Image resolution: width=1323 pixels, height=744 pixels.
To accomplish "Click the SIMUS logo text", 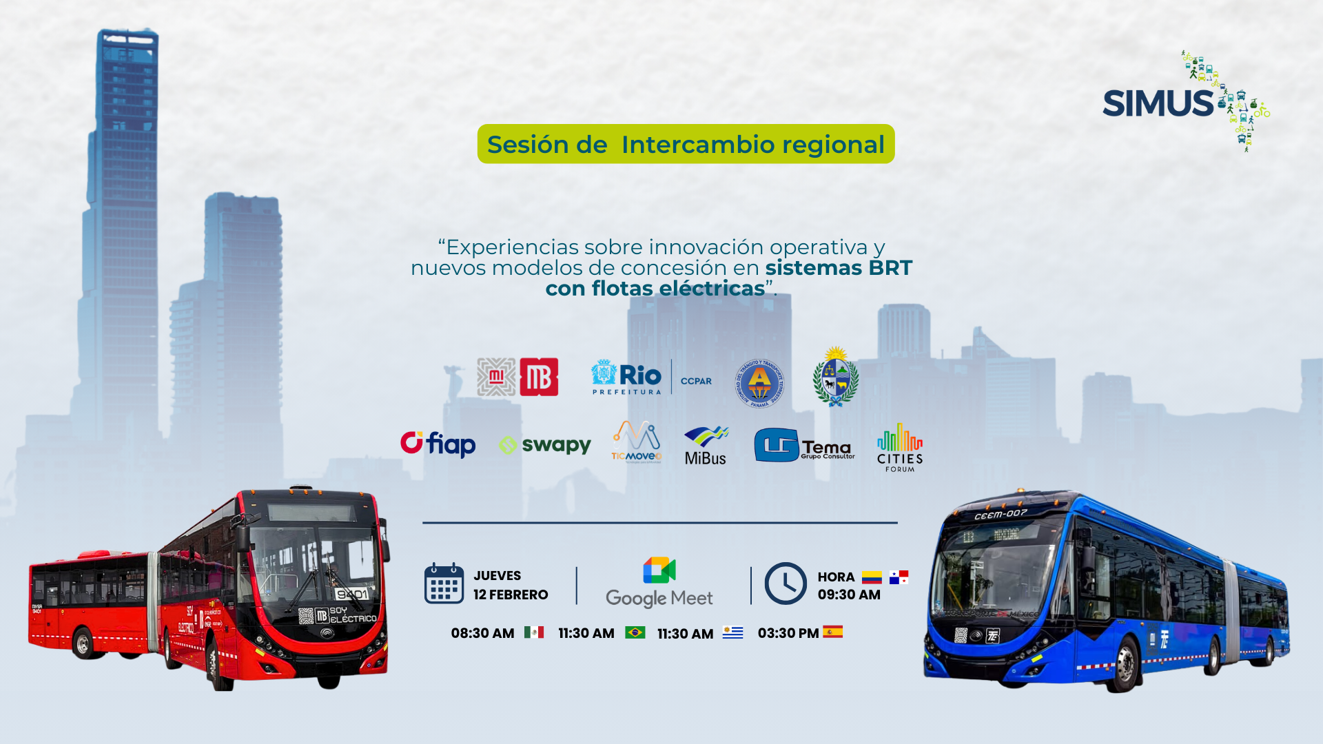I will (x=1158, y=103).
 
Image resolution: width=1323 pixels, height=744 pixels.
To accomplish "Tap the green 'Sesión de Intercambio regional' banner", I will (x=686, y=144).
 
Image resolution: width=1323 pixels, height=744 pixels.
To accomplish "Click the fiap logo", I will (x=438, y=444).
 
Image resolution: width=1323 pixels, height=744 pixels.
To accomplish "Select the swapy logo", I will (x=545, y=445).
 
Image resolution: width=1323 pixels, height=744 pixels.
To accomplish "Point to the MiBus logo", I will (x=706, y=446).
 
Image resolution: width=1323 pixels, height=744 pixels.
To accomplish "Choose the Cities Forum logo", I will (x=899, y=447).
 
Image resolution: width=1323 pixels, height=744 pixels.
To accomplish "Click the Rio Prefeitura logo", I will (x=626, y=378).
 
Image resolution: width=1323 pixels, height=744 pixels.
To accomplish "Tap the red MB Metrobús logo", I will (x=539, y=377).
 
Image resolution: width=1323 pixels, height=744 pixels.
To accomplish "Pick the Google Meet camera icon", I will (x=659, y=570).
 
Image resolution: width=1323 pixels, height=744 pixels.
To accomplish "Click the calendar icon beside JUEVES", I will (x=444, y=583).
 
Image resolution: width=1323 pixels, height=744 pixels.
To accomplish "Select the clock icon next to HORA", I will (x=785, y=583).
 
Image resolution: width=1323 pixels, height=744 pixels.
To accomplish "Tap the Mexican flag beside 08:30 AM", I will (x=534, y=632).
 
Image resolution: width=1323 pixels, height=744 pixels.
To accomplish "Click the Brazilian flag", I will (x=635, y=632).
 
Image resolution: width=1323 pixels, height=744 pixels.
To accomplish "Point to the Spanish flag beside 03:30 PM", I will (x=832, y=632).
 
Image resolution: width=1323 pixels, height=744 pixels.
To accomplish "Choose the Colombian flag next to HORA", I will (x=872, y=577).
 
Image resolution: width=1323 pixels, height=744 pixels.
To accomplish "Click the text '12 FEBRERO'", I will (x=511, y=595).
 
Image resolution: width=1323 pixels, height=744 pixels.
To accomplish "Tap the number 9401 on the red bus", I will (x=351, y=593).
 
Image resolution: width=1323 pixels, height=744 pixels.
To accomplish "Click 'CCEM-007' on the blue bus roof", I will (x=1000, y=514).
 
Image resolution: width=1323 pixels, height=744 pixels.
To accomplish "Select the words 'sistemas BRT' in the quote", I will (x=838, y=267).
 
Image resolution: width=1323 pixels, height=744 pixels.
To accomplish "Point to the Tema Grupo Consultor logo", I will (x=804, y=446).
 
